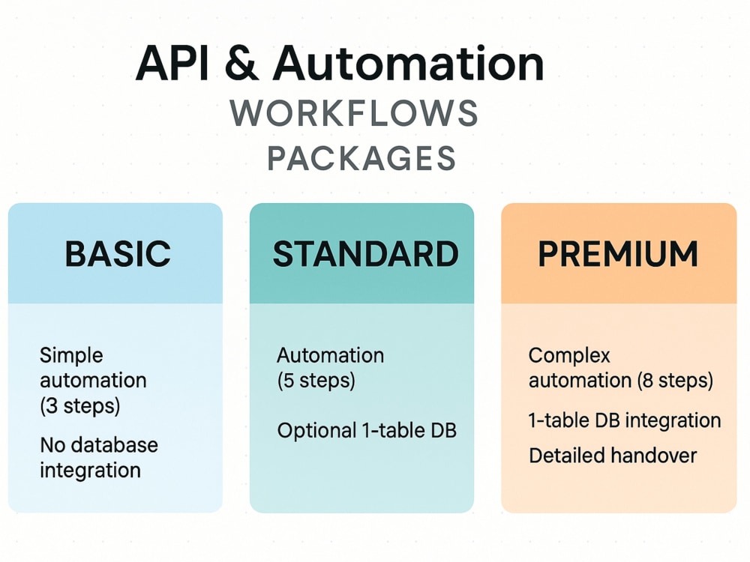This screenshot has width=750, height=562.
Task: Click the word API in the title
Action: pyautogui.click(x=172, y=64)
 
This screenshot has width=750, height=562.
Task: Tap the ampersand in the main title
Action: pyautogui.click(x=241, y=64)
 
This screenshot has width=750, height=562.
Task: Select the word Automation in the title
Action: pyautogui.click(x=409, y=64)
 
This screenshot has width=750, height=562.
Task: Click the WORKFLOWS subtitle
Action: pyautogui.click(x=354, y=113)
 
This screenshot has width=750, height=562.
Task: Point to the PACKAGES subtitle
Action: pyautogui.click(x=361, y=158)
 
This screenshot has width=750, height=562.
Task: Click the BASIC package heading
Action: pyautogui.click(x=118, y=254)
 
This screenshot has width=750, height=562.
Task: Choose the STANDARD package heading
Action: pyautogui.click(x=365, y=254)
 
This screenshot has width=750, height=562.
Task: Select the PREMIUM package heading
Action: pyautogui.click(x=618, y=254)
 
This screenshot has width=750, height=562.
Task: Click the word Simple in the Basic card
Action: pyautogui.click(x=71, y=356)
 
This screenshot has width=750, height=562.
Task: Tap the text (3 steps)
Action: pyautogui.click(x=80, y=405)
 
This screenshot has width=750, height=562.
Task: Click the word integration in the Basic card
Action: pyautogui.click(x=91, y=471)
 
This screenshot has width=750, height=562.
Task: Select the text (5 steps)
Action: pyautogui.click(x=316, y=381)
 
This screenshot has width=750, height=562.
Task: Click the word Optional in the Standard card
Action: pyautogui.click(x=316, y=431)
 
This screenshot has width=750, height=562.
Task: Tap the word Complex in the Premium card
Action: pyautogui.click(x=569, y=356)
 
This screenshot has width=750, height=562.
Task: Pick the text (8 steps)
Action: pyautogui.click(x=675, y=381)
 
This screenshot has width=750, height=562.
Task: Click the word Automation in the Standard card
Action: pyautogui.click(x=331, y=355)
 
